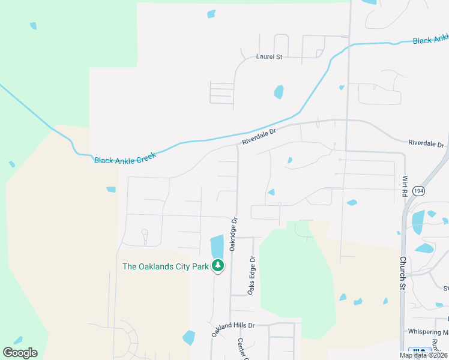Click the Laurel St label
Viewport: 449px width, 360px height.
[x=269, y=56]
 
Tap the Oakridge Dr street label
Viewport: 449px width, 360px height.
[x=234, y=234]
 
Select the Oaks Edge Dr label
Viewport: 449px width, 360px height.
[x=252, y=276]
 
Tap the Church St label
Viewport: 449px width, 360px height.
[x=402, y=274]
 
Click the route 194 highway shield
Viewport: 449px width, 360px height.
[x=419, y=191]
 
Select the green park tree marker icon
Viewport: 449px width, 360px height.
[x=217, y=265]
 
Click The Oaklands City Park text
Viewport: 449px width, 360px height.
[x=165, y=266]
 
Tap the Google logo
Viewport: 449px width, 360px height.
[x=20, y=353]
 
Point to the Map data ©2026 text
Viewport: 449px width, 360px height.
[x=423, y=355]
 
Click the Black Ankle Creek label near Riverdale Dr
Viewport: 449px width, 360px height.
[x=125, y=158]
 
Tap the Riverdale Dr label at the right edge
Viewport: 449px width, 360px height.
[x=426, y=144]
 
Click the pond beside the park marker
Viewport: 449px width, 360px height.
[x=217, y=246]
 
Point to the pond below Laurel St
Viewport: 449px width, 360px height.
[x=279, y=92]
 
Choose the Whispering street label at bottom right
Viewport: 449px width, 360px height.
[x=427, y=332]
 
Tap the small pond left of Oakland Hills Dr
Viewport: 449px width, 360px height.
[x=188, y=338]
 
